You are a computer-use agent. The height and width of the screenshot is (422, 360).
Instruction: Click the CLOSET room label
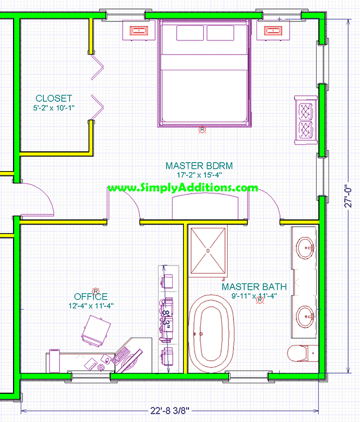[x=54, y=98]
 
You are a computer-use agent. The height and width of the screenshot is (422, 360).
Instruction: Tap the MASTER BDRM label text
[x=199, y=166]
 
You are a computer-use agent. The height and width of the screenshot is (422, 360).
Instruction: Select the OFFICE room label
[x=91, y=297]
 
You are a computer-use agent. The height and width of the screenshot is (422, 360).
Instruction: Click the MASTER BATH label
[x=254, y=286]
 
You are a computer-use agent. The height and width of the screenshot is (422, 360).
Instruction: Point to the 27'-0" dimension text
[x=348, y=196]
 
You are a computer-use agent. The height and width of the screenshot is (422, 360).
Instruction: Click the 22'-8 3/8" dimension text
[x=170, y=411]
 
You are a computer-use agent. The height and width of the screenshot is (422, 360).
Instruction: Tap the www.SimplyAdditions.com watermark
[x=183, y=187]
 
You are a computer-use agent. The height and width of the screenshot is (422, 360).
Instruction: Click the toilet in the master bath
[x=303, y=353]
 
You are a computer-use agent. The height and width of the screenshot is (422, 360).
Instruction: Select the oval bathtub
[x=211, y=334]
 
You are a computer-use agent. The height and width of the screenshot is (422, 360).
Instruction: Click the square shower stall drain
[x=208, y=251]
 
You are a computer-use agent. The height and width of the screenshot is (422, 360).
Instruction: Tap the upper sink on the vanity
[x=305, y=248]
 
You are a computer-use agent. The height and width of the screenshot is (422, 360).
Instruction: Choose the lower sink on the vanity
[x=305, y=317]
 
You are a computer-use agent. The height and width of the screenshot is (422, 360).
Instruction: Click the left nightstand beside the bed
[x=139, y=30]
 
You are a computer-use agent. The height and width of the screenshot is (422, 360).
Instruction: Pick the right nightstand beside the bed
[x=273, y=30]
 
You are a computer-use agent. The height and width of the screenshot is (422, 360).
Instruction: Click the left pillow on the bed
[x=190, y=33]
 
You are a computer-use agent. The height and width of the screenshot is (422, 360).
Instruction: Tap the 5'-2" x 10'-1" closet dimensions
[x=54, y=108]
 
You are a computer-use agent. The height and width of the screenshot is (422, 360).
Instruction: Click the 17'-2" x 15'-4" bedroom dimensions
[x=199, y=175]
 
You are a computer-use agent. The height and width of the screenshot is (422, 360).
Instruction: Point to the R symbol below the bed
[x=202, y=130]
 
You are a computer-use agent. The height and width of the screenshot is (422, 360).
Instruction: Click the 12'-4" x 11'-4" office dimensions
[x=91, y=306]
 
